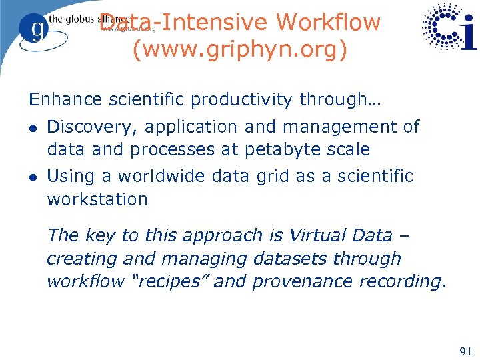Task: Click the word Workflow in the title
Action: (x=328, y=22)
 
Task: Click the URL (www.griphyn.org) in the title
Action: (x=240, y=50)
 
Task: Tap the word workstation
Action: (x=97, y=199)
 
